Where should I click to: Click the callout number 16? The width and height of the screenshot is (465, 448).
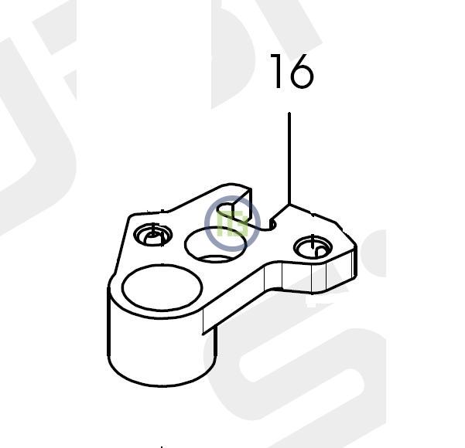292,71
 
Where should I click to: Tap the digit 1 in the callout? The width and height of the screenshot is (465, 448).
277,71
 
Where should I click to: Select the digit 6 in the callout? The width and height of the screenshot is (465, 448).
302,71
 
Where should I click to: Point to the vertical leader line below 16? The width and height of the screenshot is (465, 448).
289,158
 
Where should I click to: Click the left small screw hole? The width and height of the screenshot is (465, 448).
152,235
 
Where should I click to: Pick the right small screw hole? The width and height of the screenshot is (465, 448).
313,246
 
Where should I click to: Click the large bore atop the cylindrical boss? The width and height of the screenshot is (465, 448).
162,288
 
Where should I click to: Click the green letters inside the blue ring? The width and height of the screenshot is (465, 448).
232,223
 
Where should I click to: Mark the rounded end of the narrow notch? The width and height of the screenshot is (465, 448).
272,225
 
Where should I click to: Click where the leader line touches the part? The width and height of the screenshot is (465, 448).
289,205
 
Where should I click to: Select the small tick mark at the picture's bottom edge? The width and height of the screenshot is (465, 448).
162,446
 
